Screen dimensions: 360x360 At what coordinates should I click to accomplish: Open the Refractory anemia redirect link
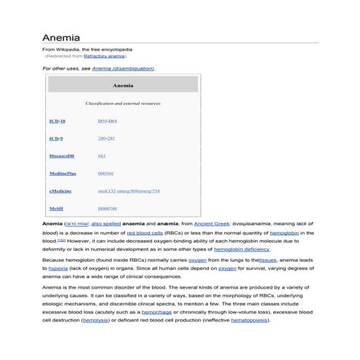coord(105,55)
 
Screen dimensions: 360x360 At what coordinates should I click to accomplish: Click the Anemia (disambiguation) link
coord(123,68)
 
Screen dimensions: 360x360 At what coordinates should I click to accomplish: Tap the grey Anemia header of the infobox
coord(123,85)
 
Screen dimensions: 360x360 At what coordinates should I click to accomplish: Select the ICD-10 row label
coord(57,121)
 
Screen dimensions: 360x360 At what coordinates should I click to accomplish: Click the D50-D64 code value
coord(107,121)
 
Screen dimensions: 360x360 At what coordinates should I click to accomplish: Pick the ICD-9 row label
coord(55,138)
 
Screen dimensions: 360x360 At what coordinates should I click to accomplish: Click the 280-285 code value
coord(106,138)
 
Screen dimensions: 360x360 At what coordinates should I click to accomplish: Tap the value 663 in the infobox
coord(101,156)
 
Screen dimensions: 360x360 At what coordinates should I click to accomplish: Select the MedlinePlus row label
coord(63,174)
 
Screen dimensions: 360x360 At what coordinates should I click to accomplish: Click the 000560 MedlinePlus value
coord(105,174)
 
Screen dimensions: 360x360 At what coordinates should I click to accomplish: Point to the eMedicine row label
coord(61,191)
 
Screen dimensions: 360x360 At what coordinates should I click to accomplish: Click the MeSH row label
coord(56,209)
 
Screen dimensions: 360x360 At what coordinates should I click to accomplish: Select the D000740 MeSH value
coord(108,209)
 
